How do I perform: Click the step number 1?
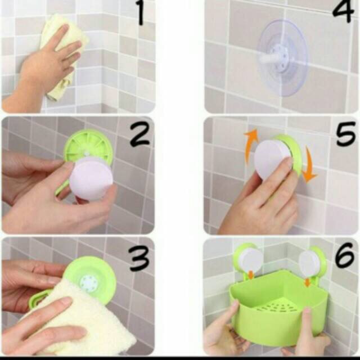(x=141, y=12)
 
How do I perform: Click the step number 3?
(x=139, y=258)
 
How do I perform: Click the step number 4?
(x=343, y=11)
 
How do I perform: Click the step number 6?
(x=344, y=255)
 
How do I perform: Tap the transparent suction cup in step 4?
(x=283, y=57)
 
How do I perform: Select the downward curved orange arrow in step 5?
(x=310, y=164)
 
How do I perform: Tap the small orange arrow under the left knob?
(x=251, y=275)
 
